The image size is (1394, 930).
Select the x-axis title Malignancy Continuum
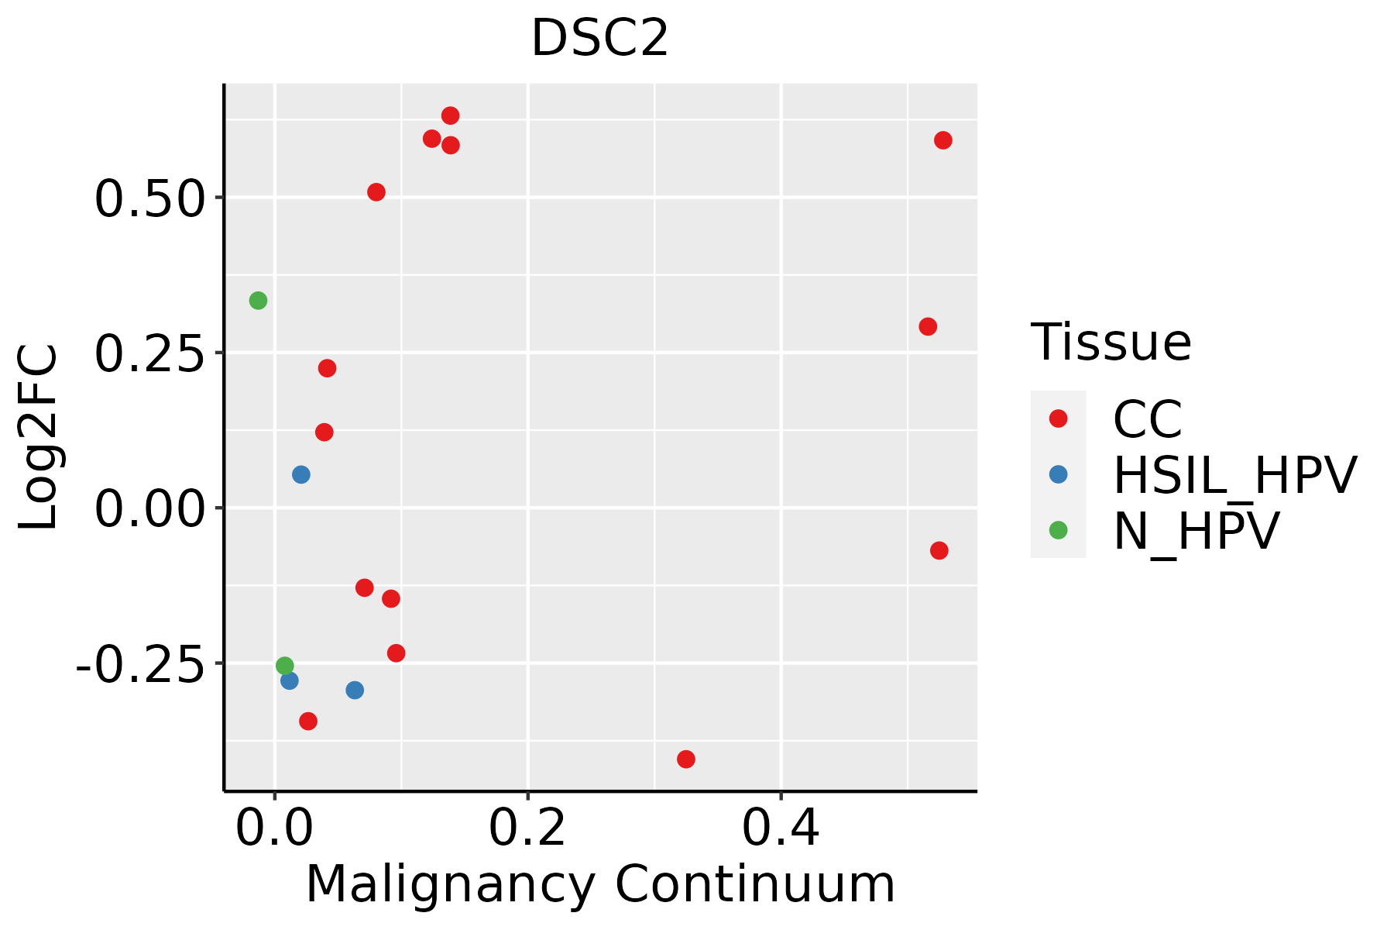pyautogui.click(x=600, y=884)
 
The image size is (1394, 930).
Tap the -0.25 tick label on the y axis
pyautogui.click(x=139, y=664)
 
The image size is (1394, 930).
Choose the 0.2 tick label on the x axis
pyautogui.click(x=527, y=828)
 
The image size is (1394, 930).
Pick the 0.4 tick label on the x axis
pyautogui.click(x=781, y=828)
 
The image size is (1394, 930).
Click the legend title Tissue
pyautogui.click(x=1111, y=342)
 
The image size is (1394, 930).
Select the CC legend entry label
pyautogui.click(x=1148, y=419)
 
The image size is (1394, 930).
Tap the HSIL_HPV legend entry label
pyautogui.click(x=1234, y=475)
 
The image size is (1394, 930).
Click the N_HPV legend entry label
pyautogui.click(x=1197, y=531)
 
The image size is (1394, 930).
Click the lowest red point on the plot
pyautogui.click(x=686, y=759)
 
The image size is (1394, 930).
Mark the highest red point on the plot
pyautogui.click(x=450, y=116)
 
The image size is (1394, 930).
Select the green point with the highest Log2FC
pyautogui.click(x=259, y=301)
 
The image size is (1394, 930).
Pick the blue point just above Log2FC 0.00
pyautogui.click(x=301, y=474)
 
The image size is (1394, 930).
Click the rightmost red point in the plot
pyautogui.click(x=942, y=140)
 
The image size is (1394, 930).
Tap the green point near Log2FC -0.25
pyautogui.click(x=285, y=666)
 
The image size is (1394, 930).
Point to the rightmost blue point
pyautogui.click(x=355, y=690)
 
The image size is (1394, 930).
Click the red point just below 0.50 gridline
pyautogui.click(x=376, y=192)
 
